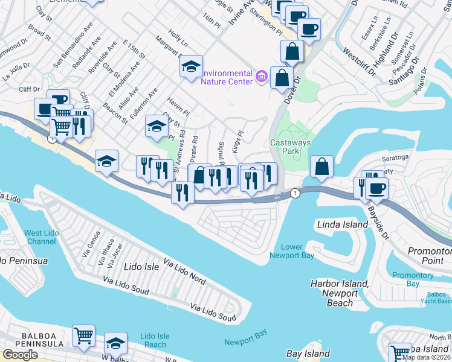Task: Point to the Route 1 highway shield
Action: [x=294, y=193]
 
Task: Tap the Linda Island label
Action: [x=343, y=224]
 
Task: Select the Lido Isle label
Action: [x=141, y=266]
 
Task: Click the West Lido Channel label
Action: [x=42, y=237]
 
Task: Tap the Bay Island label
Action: [x=308, y=354]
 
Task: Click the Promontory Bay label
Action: [x=413, y=279]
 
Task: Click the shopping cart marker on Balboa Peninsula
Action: [x=83, y=335]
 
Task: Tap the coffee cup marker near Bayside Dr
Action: [x=376, y=188]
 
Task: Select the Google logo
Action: [x=20, y=355]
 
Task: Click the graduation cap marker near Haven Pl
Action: [x=157, y=126]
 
